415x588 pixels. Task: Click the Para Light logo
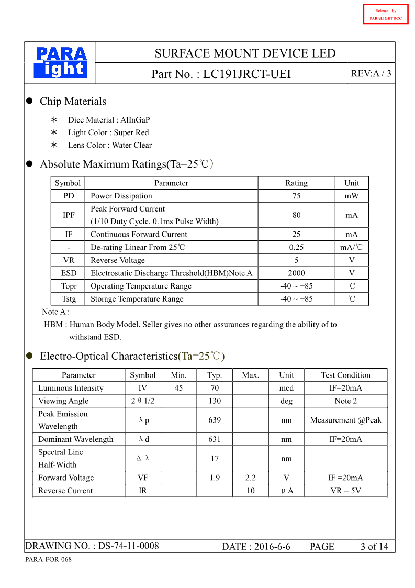[x=60, y=62]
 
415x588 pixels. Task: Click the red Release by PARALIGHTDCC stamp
[x=385, y=14]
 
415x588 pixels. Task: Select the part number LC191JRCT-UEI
[x=246, y=74]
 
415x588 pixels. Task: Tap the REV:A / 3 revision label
[x=371, y=74]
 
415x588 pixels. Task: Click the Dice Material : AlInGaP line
[x=109, y=120]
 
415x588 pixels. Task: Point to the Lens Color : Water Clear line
[x=110, y=145]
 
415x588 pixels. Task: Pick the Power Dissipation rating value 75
[x=296, y=196]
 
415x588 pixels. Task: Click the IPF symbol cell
[x=68, y=215]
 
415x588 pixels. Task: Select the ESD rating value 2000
[x=296, y=273]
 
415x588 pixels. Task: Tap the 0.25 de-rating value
[x=296, y=247]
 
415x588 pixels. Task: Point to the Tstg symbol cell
[x=68, y=299]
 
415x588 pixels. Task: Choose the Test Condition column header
[x=345, y=375]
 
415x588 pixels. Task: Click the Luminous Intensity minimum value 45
[x=178, y=388]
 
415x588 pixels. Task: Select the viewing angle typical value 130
[x=214, y=401]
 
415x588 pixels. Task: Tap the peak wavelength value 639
[x=214, y=420]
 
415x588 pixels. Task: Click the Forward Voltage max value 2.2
[x=250, y=478]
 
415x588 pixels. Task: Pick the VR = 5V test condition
[x=345, y=491]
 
